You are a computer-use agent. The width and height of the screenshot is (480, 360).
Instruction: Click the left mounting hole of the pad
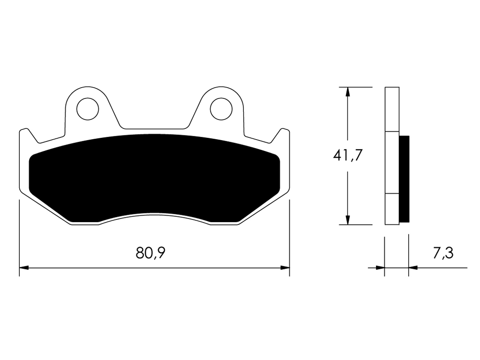coord(88,109)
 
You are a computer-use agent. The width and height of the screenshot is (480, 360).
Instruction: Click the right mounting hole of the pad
coord(221,109)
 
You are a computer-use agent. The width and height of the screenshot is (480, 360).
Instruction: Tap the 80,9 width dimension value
coord(150,253)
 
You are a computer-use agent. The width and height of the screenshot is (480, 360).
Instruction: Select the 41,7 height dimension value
coord(347,156)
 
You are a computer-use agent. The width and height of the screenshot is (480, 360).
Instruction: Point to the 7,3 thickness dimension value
coord(443,253)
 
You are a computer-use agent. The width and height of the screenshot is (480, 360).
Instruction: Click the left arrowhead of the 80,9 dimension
coord(24,268)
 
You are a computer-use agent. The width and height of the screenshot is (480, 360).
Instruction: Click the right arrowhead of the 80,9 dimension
coord(285,268)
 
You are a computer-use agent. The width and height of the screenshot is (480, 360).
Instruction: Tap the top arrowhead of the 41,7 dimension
coord(347,92)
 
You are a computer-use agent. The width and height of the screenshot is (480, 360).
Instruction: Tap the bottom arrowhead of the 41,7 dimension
coord(347,220)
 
